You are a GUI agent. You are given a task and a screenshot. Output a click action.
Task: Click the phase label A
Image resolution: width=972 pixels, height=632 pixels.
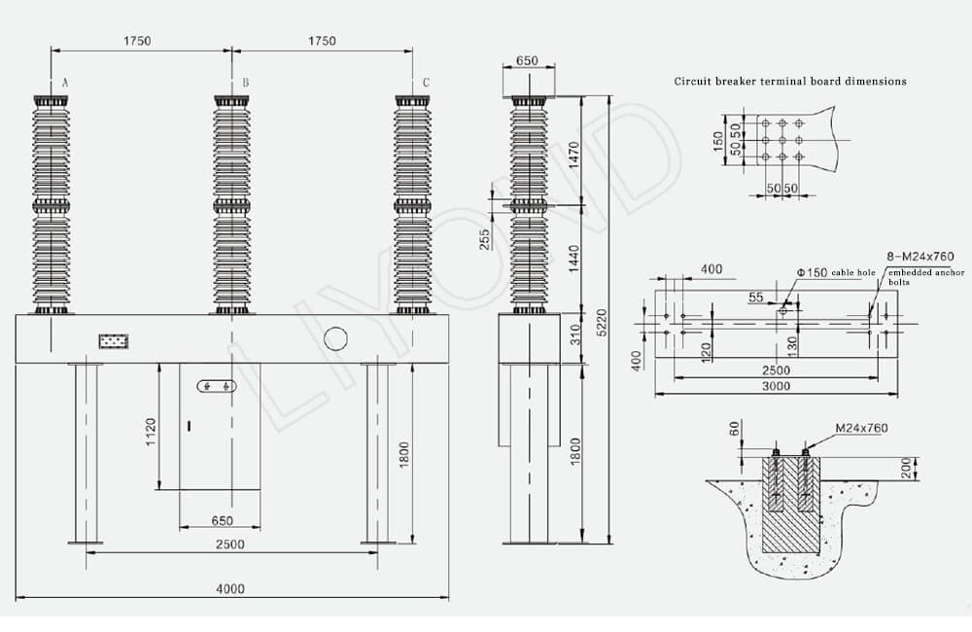pyautogui.click(x=65, y=83)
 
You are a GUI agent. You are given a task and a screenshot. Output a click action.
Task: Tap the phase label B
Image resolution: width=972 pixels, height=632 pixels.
pyautogui.click(x=246, y=83)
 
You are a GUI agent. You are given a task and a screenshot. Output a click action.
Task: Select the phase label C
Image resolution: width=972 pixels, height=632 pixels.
pyautogui.click(x=426, y=83)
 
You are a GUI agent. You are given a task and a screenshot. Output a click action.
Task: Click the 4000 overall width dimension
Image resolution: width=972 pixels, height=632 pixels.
pyautogui.click(x=230, y=588)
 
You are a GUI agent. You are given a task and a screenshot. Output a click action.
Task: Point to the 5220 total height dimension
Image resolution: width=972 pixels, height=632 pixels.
pyautogui.click(x=602, y=323)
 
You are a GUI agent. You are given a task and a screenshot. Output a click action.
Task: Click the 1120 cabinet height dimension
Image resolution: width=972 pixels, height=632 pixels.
pyautogui.click(x=151, y=433)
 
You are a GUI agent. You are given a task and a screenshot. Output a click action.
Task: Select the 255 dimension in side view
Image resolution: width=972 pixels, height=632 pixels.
pyautogui.click(x=484, y=239)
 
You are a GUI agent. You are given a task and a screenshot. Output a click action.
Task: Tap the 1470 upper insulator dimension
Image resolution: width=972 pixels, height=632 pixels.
pyautogui.click(x=573, y=155)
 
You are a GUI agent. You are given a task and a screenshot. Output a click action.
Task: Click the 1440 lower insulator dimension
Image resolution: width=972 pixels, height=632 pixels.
pyautogui.click(x=573, y=259)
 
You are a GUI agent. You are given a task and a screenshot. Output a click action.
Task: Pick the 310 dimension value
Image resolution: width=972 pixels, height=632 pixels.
pyautogui.click(x=576, y=334)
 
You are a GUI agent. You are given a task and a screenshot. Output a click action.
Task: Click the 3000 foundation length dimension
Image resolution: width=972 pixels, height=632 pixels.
pyautogui.click(x=776, y=386)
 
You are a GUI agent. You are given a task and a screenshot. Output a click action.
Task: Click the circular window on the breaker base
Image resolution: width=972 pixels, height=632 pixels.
pyautogui.click(x=335, y=338)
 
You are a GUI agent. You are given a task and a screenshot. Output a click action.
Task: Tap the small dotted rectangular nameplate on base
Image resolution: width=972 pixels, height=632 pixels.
pyautogui.click(x=114, y=341)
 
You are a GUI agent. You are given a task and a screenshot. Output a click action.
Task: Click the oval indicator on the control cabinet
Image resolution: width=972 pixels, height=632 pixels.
pyautogui.click(x=217, y=386)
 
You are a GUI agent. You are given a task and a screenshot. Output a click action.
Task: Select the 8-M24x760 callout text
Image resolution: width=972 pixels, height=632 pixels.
pyautogui.click(x=920, y=256)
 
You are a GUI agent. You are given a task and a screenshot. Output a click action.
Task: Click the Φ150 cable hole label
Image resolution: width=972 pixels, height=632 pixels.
pyautogui.click(x=836, y=272)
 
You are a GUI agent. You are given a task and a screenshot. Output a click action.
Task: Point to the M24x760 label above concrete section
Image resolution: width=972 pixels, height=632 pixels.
pyautogui.click(x=861, y=428)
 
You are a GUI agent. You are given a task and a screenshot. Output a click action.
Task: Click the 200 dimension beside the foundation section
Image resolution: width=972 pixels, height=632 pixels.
pyautogui.click(x=906, y=468)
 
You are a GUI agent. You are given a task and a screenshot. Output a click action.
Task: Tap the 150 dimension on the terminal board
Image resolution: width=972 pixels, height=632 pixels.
pyautogui.click(x=718, y=141)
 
